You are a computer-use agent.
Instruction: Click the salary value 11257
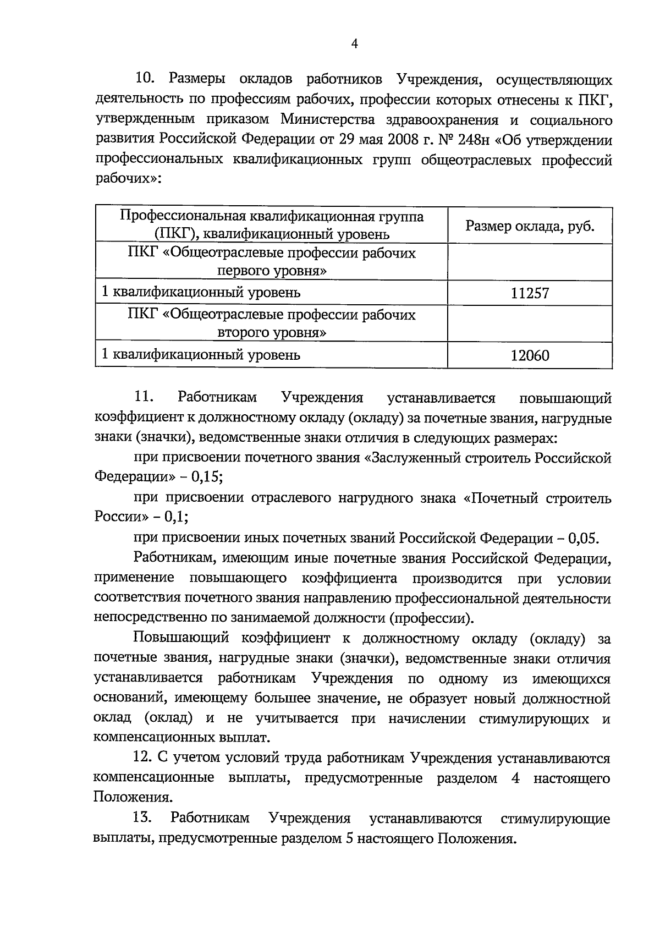pyautogui.click(x=530, y=293)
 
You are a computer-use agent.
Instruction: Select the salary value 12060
pyautogui.click(x=530, y=355)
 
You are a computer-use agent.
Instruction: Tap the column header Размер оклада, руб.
pyautogui.click(x=530, y=226)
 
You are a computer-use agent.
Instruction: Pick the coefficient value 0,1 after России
pyautogui.click(x=177, y=517)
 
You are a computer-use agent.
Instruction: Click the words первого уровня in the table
pyautogui.click(x=272, y=271)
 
